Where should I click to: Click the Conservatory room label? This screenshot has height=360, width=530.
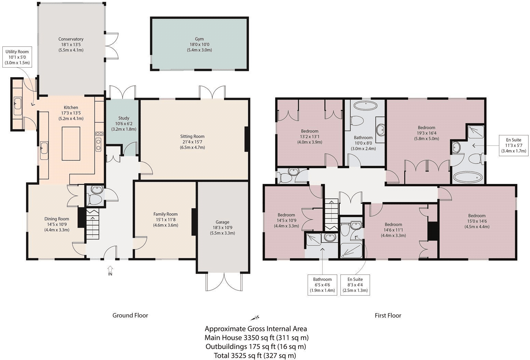pyautogui.click(x=71, y=39)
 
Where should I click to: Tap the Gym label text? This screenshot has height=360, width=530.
pyautogui.click(x=199, y=39)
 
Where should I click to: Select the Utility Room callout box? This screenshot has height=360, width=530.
pyautogui.click(x=17, y=57)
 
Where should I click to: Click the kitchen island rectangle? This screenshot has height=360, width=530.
pyautogui.click(x=71, y=143)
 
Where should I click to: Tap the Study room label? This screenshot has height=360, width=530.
pyautogui.click(x=124, y=118)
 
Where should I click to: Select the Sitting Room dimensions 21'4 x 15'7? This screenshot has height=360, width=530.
pyautogui.click(x=192, y=142)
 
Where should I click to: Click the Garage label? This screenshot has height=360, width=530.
pyautogui.click(x=222, y=222)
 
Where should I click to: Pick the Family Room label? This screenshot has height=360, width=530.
pyautogui.click(x=165, y=214)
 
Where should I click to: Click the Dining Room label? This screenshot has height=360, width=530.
pyautogui.click(x=57, y=219)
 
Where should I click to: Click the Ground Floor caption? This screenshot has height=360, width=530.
pyautogui.click(x=130, y=315)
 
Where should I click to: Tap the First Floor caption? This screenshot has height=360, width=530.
pyautogui.click(x=388, y=316)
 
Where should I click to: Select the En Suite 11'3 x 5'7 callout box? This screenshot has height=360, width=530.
pyautogui.click(x=514, y=145)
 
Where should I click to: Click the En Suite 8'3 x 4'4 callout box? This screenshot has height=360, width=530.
pyautogui.click(x=355, y=285)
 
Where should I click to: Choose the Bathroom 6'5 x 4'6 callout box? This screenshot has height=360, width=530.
pyautogui.click(x=322, y=285)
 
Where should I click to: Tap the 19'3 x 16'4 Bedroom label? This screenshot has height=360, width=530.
pyautogui.click(x=427, y=128)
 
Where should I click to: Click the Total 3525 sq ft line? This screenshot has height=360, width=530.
pyautogui.click(x=255, y=356)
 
